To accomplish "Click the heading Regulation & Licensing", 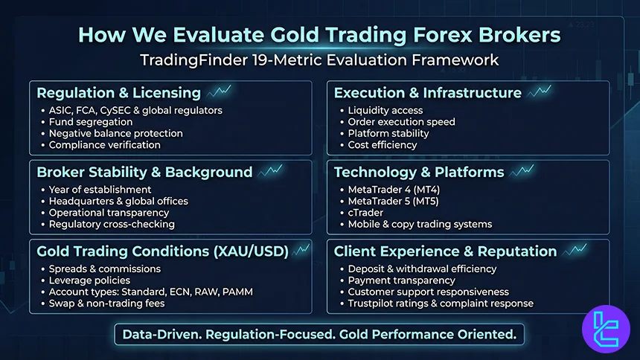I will pyautogui.click(x=118, y=93).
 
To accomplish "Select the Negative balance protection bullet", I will pyautogui.click(x=115, y=133).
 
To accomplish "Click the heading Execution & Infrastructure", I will pyautogui.click(x=427, y=93).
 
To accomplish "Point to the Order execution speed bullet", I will pyautogui.click(x=401, y=122).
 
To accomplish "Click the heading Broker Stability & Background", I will pyautogui.click(x=144, y=172).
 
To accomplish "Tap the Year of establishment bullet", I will pyautogui.click(x=100, y=190).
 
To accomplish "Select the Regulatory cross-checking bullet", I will pyautogui.click(x=112, y=224).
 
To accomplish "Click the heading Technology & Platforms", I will pyautogui.click(x=419, y=172).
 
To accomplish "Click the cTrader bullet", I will pyautogui.click(x=367, y=213).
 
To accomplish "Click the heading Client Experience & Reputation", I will pyautogui.click(x=445, y=251).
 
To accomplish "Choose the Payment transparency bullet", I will pyautogui.click(x=401, y=280).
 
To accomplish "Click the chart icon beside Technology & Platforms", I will pyautogui.click(x=522, y=170).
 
